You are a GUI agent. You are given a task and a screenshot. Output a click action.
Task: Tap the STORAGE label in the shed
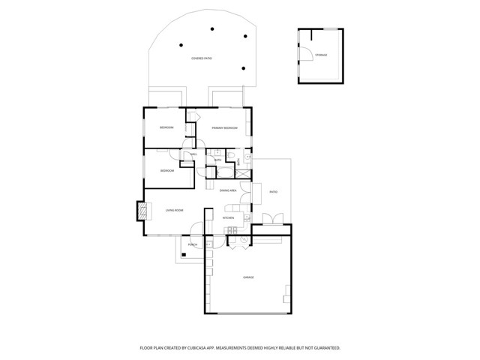pos(321,55)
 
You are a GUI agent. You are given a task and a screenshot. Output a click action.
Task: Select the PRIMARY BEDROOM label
pos(224,128)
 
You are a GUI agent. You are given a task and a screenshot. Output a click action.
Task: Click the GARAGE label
pos(248,277)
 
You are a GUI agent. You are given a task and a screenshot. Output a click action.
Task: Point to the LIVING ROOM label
pos(174,211)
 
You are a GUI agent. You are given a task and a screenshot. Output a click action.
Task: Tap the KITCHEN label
pos(229,218)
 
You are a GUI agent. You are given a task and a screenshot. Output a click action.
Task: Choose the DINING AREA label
pos(229,191)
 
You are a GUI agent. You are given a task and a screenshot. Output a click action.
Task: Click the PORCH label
pos(193,244)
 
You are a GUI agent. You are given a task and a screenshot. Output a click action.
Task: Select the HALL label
pos(193,154)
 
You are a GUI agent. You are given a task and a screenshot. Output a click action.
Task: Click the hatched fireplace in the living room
pos(140,211)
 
